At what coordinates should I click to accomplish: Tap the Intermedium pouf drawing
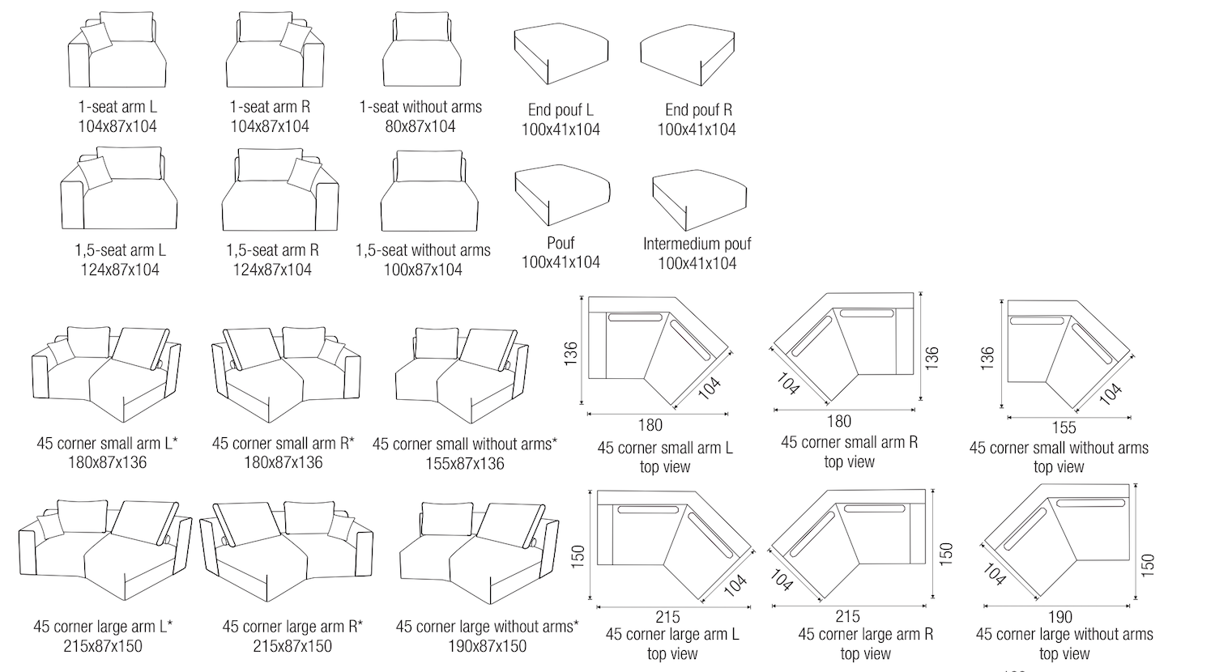pyautogui.click(x=698, y=199)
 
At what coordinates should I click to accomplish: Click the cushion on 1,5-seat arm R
pyautogui.click(x=305, y=174)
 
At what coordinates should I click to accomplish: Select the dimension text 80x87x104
pyautogui.click(x=420, y=126)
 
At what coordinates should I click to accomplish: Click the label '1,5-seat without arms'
pyautogui.click(x=423, y=250)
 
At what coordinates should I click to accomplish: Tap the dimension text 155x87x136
pyautogui.click(x=464, y=463)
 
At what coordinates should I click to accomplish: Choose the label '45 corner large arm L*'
pyautogui.click(x=103, y=626)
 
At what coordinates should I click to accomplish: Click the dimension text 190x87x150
pyautogui.click(x=487, y=646)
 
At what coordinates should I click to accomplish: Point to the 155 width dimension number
pyautogui.click(x=1064, y=427)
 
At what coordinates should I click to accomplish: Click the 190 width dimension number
pyautogui.click(x=1059, y=616)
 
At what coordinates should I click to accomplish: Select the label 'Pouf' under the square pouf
pyautogui.click(x=561, y=243)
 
